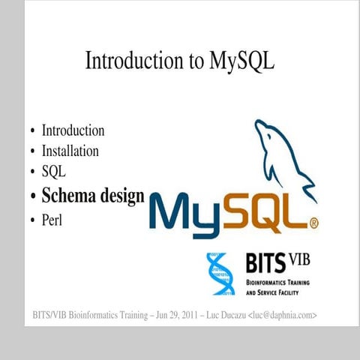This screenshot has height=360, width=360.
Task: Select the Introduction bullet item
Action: click(73, 130)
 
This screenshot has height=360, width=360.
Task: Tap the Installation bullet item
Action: click(70, 151)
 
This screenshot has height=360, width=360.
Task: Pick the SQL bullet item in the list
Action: click(54, 172)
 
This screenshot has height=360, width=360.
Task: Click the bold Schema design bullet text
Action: click(93, 196)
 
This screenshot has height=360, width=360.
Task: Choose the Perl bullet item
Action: click(53, 220)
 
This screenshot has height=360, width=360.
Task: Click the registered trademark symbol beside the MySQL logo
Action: click(314, 223)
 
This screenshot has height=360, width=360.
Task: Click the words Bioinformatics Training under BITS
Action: click(277, 283)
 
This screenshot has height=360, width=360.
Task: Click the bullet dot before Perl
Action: click(32, 220)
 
